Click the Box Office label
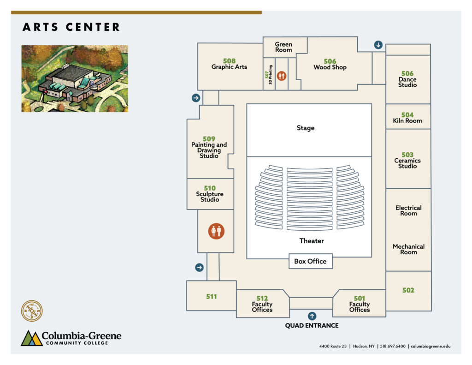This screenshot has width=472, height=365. click(x=310, y=261)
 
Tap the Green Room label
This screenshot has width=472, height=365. click(x=283, y=47)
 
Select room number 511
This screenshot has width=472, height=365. click(x=211, y=297)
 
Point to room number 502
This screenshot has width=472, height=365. click(x=408, y=290)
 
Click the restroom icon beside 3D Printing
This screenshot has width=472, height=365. click(x=282, y=76)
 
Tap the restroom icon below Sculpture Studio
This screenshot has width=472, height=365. click(x=216, y=231)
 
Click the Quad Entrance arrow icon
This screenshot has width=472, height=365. click(x=312, y=316)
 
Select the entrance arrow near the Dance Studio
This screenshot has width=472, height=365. click(x=378, y=45)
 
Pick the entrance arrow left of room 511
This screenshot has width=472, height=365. click(x=199, y=267)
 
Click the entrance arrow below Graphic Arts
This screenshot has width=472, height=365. click(x=196, y=98)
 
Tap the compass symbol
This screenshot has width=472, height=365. click(x=32, y=311)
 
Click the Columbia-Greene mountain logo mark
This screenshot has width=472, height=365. click(x=31, y=338)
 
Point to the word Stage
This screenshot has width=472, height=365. click(x=306, y=128)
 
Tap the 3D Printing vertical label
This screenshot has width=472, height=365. click(x=270, y=75)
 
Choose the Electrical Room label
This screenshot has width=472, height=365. click(x=408, y=210)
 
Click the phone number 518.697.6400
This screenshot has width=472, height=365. click(x=393, y=347)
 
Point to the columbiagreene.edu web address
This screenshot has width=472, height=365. click(x=431, y=347)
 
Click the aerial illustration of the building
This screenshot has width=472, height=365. click(x=75, y=78)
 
